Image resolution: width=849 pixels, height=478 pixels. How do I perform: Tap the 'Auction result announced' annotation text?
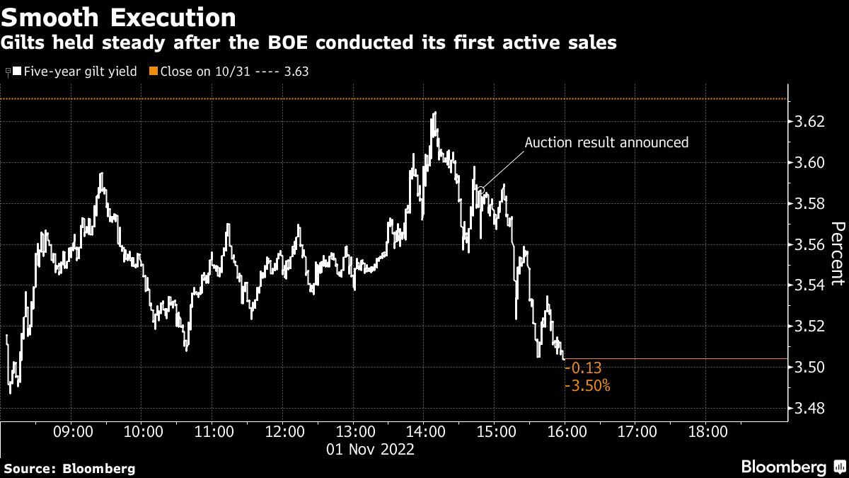coord(606,142)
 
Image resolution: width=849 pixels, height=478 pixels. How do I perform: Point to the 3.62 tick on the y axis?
coord(809,122)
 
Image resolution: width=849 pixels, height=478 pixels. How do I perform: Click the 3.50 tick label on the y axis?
coord(809,368)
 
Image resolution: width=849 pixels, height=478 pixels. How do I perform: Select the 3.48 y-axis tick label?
coord(809,409)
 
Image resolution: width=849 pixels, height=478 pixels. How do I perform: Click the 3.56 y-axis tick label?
coord(809,245)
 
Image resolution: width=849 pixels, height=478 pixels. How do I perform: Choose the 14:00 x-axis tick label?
coord(425,431)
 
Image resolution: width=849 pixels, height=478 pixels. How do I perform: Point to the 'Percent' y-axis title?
coord(838,253)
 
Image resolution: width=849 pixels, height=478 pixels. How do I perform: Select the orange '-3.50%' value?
coord(588,386)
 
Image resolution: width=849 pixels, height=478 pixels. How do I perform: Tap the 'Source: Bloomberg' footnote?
coord(69,468)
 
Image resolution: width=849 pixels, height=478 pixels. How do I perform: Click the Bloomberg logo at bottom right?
coord(792,467)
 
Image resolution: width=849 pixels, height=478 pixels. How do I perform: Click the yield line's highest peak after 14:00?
coord(434,113)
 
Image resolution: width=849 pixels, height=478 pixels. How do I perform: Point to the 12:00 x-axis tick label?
coord(284,431)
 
